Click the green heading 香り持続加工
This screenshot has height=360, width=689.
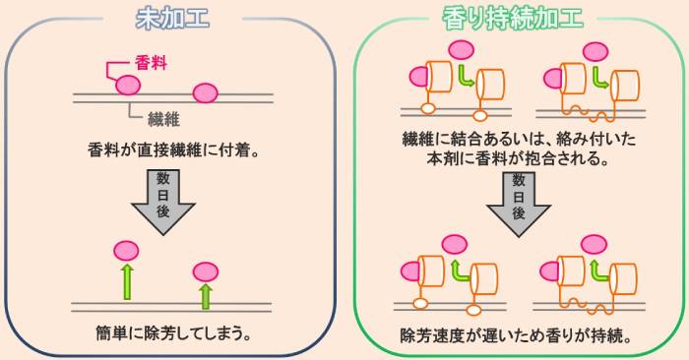(x=511, y=18)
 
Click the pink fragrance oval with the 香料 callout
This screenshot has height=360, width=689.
(x=128, y=86)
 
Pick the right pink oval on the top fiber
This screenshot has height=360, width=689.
(x=205, y=92)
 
